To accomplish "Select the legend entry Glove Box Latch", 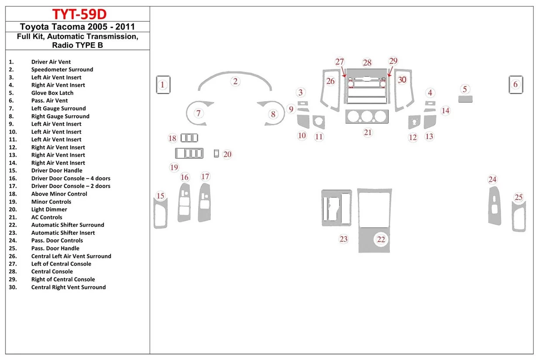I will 52,93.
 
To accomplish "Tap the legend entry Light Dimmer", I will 49,209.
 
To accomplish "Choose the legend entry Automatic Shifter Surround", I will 67,225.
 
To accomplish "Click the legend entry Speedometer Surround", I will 62,69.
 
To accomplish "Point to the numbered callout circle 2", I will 235,81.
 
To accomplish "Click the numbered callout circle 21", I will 368,132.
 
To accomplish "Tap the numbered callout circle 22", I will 381,239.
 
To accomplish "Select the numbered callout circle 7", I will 199,113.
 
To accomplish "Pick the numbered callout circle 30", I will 402,80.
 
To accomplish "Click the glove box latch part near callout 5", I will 466,99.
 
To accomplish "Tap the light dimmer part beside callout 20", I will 216,153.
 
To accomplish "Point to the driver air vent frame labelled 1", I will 163,85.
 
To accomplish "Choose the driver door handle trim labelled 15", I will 160,213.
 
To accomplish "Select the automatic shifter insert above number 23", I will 337,208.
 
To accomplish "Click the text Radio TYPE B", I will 79,45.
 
